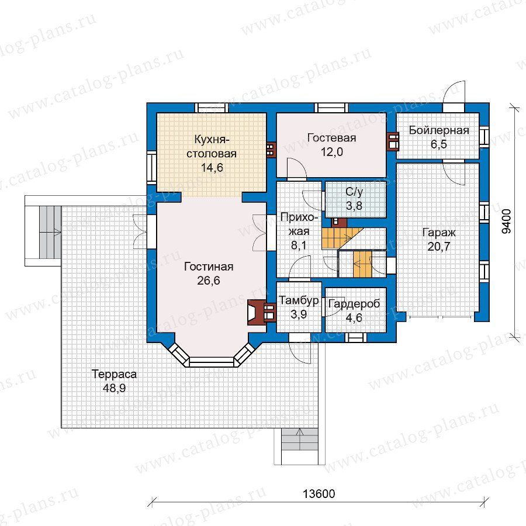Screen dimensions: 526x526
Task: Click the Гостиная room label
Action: (209, 267)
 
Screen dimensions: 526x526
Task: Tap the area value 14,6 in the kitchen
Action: (212, 167)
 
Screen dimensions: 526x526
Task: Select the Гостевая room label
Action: (332, 138)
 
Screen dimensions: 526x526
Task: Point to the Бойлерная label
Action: (439, 130)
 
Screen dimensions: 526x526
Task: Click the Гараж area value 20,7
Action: (439, 247)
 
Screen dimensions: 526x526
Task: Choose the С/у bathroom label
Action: (354, 192)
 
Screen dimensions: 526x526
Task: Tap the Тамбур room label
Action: (299, 300)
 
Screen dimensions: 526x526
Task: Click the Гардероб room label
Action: (354, 303)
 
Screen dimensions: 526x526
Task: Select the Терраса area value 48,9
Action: (115, 388)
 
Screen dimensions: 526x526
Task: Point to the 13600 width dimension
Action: (319, 494)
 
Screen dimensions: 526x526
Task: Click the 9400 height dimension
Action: (507, 222)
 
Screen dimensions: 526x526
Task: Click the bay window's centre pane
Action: (212, 362)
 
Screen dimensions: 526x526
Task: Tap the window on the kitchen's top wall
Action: (212, 108)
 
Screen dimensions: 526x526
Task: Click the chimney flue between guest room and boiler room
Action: (393, 141)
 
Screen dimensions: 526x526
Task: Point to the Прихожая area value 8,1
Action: (299, 245)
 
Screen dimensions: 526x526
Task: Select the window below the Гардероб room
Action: (355, 337)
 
